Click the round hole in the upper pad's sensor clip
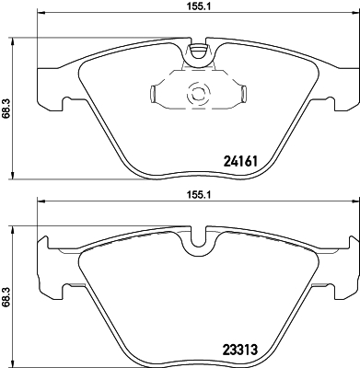tap(195, 93)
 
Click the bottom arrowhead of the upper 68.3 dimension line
tap(13, 175)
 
